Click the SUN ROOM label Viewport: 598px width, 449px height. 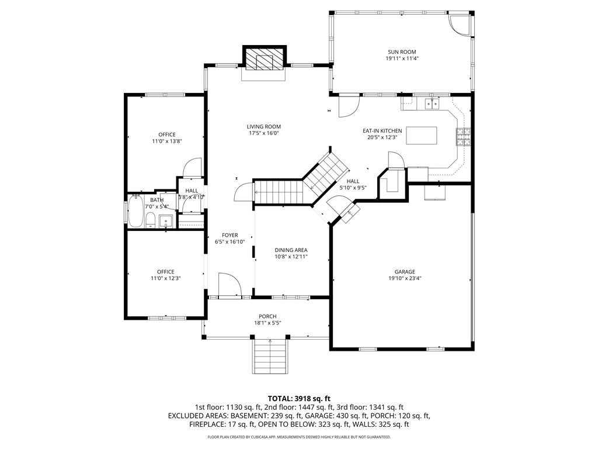(402, 52)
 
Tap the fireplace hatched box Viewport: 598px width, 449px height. (265, 60)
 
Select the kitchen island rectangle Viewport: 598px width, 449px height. (421, 136)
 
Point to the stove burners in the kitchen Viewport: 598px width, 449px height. (463, 137)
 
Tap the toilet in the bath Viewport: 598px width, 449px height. (150, 220)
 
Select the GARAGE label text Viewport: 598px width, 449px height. (405, 272)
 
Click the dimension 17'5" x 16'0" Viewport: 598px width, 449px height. (263, 133)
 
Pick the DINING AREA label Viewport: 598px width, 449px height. (291, 250)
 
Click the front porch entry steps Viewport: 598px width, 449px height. (269, 357)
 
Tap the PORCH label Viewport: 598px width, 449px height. (267, 316)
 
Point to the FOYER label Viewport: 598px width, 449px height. (230, 235)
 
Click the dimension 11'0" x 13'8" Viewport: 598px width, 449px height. (167, 141)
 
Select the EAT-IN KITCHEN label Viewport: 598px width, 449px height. (382, 130)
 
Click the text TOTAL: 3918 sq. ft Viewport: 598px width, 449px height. (299, 399)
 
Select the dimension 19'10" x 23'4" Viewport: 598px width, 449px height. (405, 278)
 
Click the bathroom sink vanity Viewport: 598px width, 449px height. (165, 221)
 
